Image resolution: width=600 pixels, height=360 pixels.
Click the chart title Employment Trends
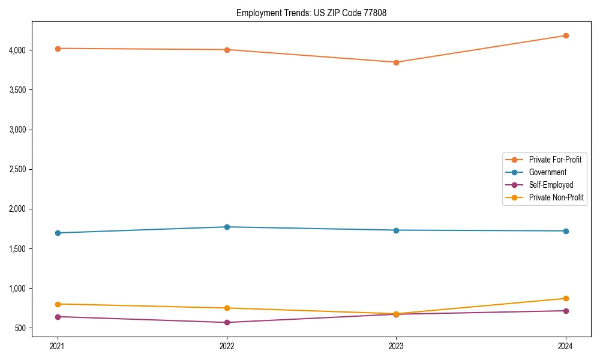point(307,13)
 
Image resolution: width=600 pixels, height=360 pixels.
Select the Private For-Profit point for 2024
point(566,35)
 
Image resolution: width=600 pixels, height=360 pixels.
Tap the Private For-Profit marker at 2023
point(396,62)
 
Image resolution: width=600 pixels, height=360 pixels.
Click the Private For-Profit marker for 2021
point(58,49)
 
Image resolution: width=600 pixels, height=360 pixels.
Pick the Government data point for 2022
point(227,227)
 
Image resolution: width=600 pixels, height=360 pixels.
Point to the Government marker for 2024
point(566,231)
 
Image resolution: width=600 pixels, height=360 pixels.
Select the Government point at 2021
point(58,233)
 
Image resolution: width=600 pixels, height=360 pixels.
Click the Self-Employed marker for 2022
point(227,322)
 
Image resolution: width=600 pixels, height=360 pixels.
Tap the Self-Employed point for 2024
point(566,311)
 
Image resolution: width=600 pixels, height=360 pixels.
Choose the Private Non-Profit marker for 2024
point(566,298)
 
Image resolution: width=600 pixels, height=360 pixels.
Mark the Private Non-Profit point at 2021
point(58,304)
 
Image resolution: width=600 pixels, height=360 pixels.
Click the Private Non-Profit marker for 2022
point(227,308)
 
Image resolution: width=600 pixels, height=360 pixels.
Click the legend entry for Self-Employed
point(551,185)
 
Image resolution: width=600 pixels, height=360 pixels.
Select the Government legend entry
point(547,172)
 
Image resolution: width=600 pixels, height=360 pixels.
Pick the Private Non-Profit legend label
point(556,197)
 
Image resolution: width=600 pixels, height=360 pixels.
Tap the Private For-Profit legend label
point(555,160)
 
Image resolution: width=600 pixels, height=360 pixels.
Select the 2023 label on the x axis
point(396,346)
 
